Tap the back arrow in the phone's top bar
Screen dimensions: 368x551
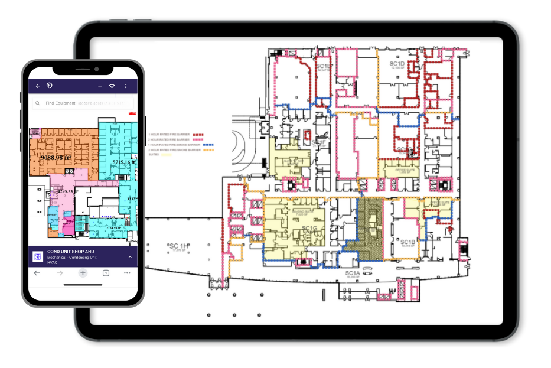point(38,86)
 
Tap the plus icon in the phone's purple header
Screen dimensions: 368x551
point(100,86)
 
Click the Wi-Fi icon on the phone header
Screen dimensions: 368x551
point(112,86)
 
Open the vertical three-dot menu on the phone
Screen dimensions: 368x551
point(126,86)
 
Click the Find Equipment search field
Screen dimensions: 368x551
point(83,103)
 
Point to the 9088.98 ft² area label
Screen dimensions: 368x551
point(55,158)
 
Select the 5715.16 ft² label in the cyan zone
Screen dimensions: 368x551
point(125,162)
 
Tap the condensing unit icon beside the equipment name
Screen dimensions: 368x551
point(37,257)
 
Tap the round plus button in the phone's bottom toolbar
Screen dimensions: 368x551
point(83,273)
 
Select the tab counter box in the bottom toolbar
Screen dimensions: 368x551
point(106,273)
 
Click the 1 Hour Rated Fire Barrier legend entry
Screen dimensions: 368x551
point(168,135)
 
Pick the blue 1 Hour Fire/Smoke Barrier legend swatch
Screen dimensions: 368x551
point(207,145)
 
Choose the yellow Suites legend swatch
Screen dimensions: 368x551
point(166,154)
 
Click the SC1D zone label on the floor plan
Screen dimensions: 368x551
point(396,63)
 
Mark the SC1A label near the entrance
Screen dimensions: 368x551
point(352,273)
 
